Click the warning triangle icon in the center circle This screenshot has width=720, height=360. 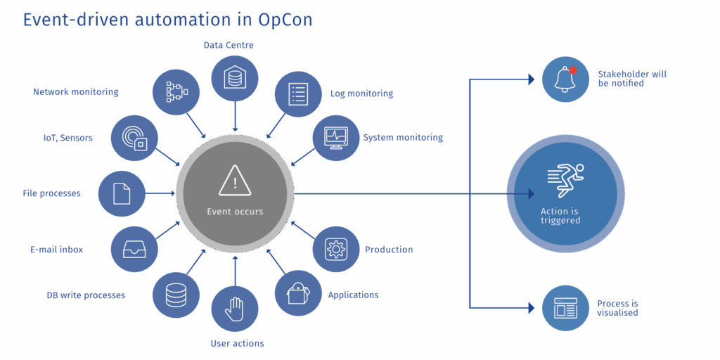pyautogui.click(x=235, y=181)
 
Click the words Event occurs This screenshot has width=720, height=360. pyautogui.click(x=235, y=212)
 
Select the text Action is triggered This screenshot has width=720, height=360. pyautogui.click(x=560, y=216)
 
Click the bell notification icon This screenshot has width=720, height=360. pyautogui.click(x=565, y=79)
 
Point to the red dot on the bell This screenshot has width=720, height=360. pyautogui.click(x=573, y=70)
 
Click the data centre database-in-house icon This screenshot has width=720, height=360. pyautogui.click(x=234, y=77)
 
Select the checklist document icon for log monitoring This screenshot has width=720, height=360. pyautogui.click(x=298, y=94)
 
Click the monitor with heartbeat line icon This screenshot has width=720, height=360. pyautogui.click(x=335, y=136)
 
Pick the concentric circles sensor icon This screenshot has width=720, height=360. pyautogui.click(x=134, y=138)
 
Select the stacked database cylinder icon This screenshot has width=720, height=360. pyautogui.click(x=176, y=295)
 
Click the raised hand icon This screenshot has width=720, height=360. pyautogui.click(x=234, y=310)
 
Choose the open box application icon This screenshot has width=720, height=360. pyautogui.click(x=298, y=292)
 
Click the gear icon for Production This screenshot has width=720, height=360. pyautogui.click(x=335, y=249)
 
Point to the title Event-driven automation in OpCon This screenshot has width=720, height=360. pyautogui.click(x=167, y=20)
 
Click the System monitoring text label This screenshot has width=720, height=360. pyautogui.click(x=403, y=137)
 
